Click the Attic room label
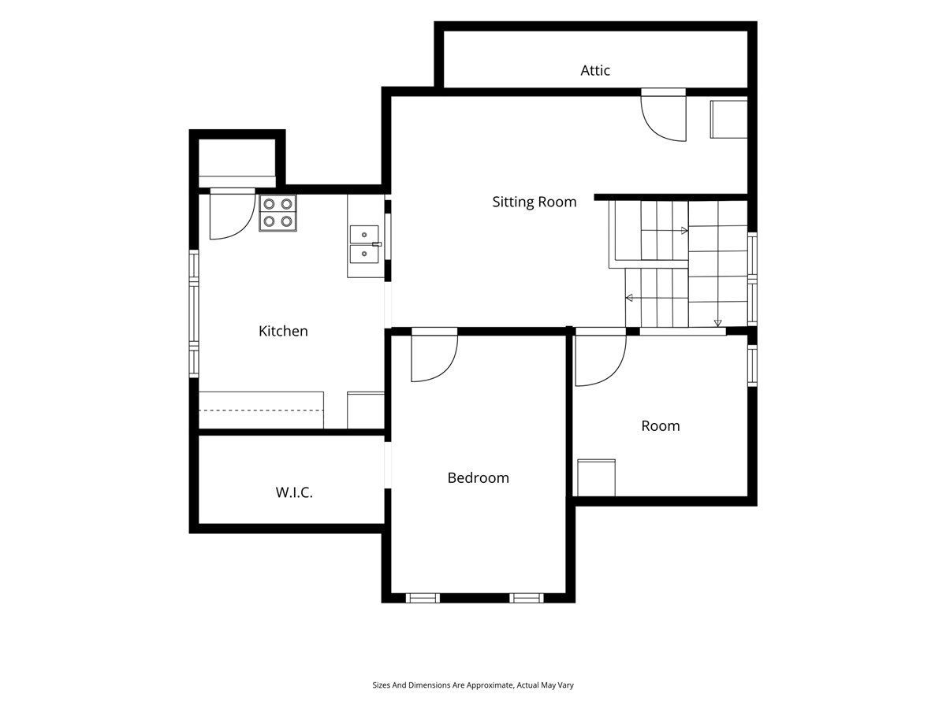pyautogui.click(x=594, y=70)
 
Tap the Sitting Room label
pyautogui.click(x=534, y=202)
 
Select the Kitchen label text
pyautogui.click(x=283, y=331)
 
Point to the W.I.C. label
pyautogui.click(x=294, y=492)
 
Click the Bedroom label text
pyautogui.click(x=478, y=478)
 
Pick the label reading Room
pyautogui.click(x=661, y=426)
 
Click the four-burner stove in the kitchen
pyautogui.click(x=277, y=213)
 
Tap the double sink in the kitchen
pyautogui.click(x=364, y=244)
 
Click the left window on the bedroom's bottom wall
pyautogui.click(x=423, y=598)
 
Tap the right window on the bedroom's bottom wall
pyautogui.click(x=527, y=598)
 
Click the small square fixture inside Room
pyautogui.click(x=596, y=478)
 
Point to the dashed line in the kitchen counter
pyautogui.click(x=261, y=410)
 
